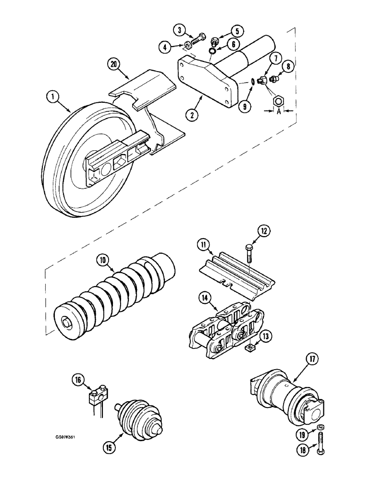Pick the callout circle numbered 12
pos(264,231)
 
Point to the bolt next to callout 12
pos(250,252)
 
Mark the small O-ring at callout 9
pos(252,83)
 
